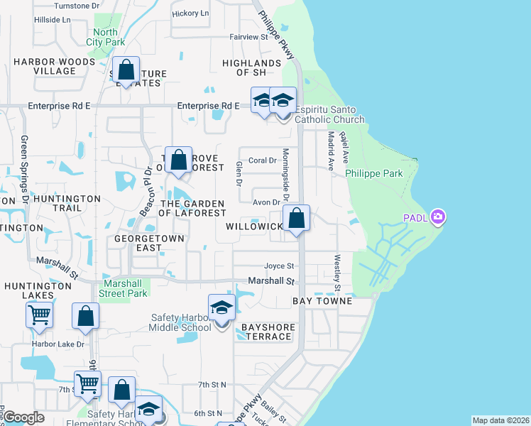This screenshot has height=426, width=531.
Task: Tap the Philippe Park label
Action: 374,173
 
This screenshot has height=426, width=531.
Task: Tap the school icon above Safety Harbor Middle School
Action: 221,308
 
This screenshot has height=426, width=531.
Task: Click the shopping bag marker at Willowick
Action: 297,218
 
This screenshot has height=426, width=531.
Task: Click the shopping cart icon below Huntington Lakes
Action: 38,314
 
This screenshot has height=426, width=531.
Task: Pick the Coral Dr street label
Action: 263,160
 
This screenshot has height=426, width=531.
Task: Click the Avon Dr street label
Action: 267,202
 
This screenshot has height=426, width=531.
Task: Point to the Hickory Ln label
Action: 190,13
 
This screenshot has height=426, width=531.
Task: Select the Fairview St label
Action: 247,36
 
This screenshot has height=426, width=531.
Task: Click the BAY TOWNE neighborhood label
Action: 323,301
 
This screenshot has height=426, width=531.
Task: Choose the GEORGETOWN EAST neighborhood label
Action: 149,243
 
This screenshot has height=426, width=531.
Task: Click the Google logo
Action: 23,417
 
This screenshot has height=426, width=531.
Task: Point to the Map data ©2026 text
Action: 500,420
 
